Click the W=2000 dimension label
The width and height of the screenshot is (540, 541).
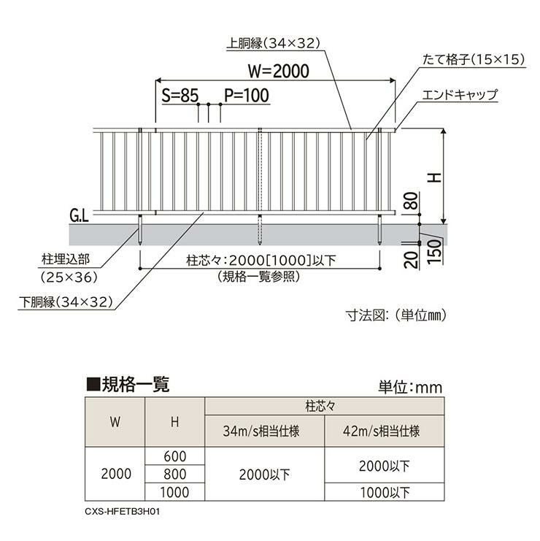coord(278,71)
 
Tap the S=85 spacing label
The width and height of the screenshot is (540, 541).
coord(180,95)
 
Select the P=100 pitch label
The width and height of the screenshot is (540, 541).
coord(246,95)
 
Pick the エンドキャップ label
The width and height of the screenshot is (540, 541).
coord(460,95)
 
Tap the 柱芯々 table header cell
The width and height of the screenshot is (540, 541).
coord(324,404)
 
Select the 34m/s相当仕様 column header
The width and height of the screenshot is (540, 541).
coord(264,430)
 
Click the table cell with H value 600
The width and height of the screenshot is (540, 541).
coord(175,456)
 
